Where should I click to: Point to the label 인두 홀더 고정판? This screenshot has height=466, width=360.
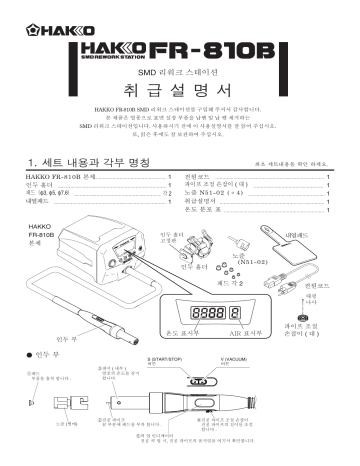pyautogui.click(x=174, y=236)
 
